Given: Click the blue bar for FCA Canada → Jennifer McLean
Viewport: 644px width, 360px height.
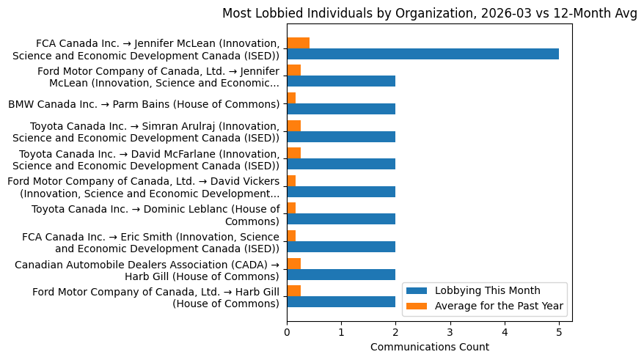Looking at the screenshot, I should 422,54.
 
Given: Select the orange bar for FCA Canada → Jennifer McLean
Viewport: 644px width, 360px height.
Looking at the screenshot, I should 298,43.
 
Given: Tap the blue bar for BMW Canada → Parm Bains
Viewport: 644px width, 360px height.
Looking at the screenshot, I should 341,109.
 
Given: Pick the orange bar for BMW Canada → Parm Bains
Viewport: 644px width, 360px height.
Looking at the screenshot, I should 291,98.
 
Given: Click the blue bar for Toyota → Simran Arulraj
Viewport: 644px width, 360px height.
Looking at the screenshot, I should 341,136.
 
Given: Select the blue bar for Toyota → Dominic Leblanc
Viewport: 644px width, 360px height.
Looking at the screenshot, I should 341,218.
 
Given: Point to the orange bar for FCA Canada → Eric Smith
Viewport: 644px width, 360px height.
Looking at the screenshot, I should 291,235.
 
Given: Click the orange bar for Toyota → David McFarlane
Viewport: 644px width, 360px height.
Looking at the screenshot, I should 293,153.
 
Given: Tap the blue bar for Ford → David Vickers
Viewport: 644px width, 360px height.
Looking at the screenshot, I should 341,191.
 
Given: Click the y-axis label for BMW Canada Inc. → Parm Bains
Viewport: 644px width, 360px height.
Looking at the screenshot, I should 144,104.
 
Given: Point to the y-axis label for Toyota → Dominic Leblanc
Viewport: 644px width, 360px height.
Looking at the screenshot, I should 155,215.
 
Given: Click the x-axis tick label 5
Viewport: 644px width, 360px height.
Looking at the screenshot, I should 559,332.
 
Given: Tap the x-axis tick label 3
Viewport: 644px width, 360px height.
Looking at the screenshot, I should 450,332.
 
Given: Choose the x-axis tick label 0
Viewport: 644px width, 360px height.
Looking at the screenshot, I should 287,332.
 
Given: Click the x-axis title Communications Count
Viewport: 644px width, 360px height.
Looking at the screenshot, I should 429,347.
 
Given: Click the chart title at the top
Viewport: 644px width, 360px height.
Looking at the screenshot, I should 429,13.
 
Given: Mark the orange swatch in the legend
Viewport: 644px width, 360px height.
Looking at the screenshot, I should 417,306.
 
